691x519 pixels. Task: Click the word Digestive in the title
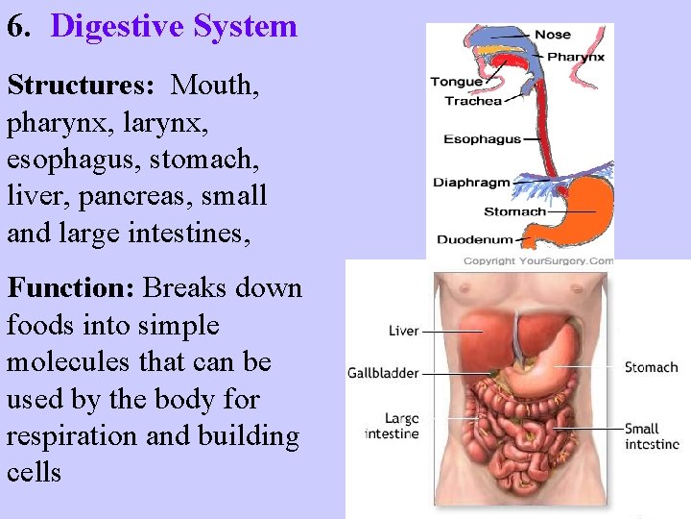tap(115, 25)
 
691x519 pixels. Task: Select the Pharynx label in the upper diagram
tap(576, 57)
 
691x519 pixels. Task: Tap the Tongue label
tap(456, 83)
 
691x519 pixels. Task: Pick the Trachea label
tap(472, 101)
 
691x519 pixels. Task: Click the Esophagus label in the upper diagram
tap(482, 139)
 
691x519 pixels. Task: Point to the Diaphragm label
tap(471, 183)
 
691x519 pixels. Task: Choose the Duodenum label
tap(474, 240)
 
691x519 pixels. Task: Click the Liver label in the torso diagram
tap(403, 331)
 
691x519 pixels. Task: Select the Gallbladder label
tap(383, 372)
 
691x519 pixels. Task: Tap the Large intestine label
tap(392, 426)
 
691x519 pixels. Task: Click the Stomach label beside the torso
tap(651, 367)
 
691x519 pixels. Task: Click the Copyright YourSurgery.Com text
tap(537, 261)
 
